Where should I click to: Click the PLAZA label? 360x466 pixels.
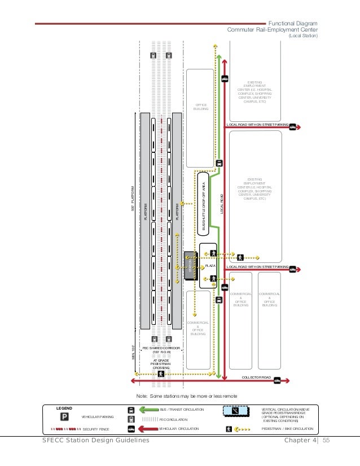(210, 265)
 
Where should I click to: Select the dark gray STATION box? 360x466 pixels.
(190, 266)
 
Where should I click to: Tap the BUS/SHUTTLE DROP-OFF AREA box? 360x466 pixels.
(203, 204)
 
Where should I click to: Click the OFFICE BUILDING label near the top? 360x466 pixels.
(200, 107)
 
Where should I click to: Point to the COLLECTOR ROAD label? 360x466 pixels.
(257, 377)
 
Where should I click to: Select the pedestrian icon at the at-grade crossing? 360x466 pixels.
(161, 373)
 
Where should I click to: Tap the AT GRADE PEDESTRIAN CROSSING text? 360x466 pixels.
(161, 364)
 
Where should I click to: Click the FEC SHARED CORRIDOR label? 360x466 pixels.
(161, 350)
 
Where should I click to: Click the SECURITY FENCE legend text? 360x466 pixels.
(95, 429)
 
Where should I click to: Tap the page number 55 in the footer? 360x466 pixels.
(326, 440)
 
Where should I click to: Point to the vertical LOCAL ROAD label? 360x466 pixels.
(222, 204)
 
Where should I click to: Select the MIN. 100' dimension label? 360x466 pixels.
(134, 352)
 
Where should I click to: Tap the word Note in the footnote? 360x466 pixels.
(135, 396)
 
